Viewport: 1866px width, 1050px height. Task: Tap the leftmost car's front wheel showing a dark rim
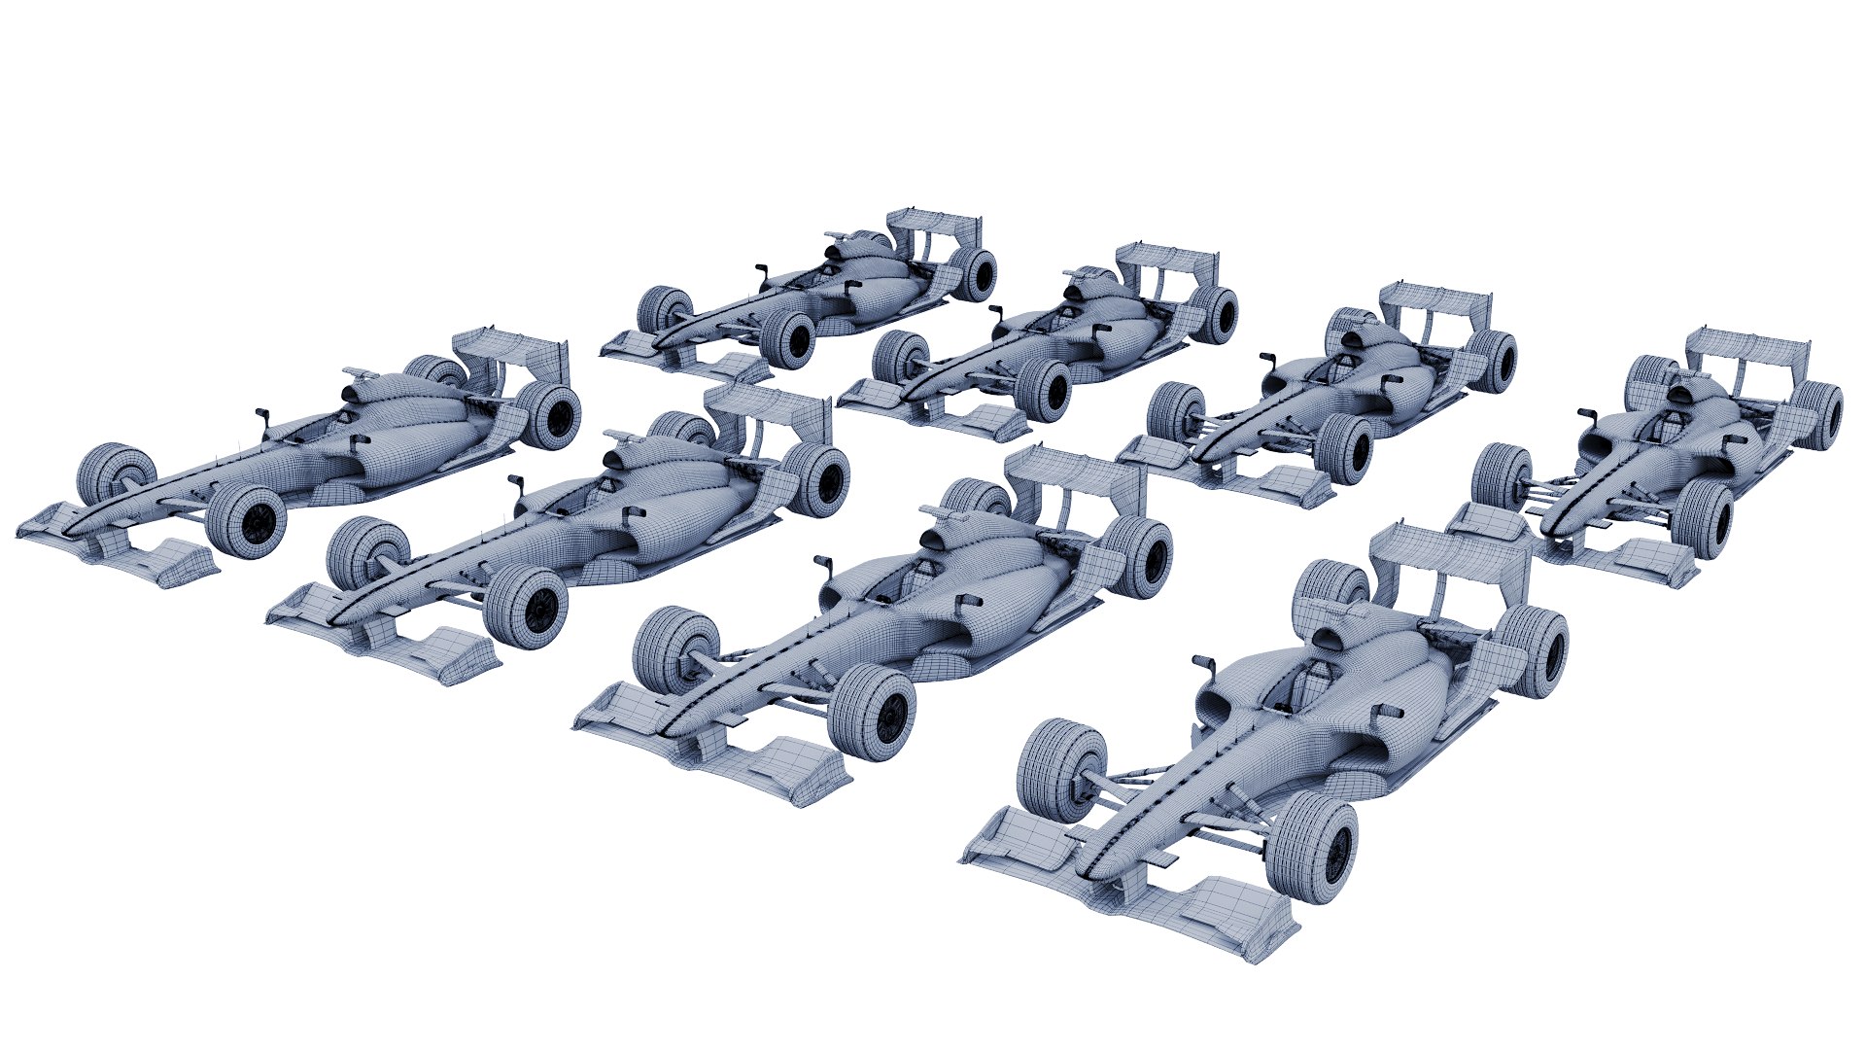click(x=248, y=522)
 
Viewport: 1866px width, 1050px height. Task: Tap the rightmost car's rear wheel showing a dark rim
click(x=1819, y=415)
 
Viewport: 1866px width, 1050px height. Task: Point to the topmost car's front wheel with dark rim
click(x=792, y=340)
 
